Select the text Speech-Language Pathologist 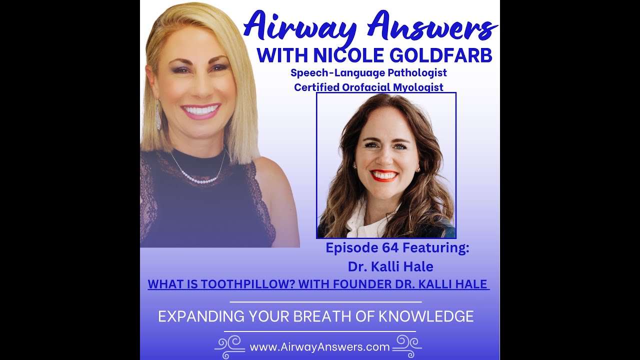pyautogui.click(x=368, y=73)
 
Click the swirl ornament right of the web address pyautogui.click(x=407, y=345)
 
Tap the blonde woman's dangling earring pyautogui.click(x=158, y=115)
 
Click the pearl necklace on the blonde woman pyautogui.click(x=200, y=177)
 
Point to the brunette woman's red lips pyautogui.click(x=384, y=176)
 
